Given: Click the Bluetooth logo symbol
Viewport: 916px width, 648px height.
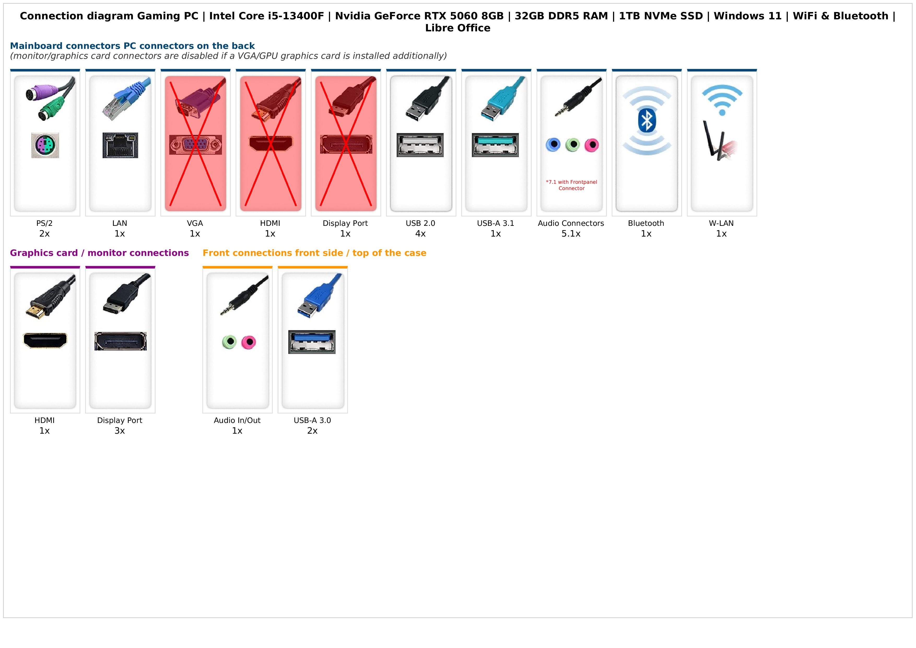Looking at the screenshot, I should pos(646,121).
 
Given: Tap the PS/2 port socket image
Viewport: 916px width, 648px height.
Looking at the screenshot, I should pos(45,145).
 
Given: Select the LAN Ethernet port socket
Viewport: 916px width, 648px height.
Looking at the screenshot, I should pos(120,145).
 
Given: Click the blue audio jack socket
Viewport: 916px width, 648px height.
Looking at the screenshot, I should pos(553,145).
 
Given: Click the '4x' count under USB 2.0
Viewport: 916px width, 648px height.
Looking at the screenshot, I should pos(420,234).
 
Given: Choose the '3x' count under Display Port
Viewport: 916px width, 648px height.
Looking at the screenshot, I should pos(120,431).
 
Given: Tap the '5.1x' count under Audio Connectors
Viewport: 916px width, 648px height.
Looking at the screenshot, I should pos(571,234).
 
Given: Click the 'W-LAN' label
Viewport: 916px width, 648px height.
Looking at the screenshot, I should pos(721,223).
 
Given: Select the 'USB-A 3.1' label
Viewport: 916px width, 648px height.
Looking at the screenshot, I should pos(496,223).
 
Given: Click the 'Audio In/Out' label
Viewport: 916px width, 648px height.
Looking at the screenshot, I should pos(237,420).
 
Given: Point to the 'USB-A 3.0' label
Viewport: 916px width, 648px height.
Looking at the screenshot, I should pos(312,420).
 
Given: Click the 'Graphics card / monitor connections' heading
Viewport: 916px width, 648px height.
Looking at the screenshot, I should pos(99,253).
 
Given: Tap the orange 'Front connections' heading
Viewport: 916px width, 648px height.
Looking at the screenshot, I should pos(314,253).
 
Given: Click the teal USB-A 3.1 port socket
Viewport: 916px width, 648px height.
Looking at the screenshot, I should pos(495,145).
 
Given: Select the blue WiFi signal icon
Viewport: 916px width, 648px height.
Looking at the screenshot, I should pos(722,100).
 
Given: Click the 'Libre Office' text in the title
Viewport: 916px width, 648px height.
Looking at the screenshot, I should pos(457,28).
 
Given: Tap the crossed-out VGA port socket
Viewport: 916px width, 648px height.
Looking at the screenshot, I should pos(196,145).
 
